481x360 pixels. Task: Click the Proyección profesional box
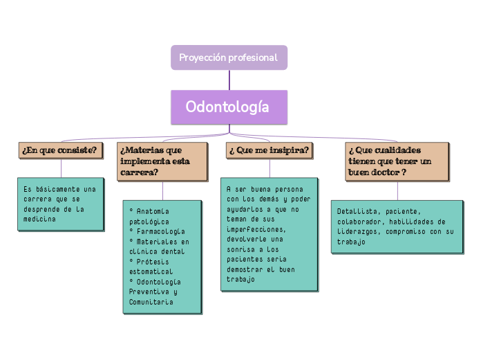[x=229, y=57]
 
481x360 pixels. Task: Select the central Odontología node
[x=229, y=107]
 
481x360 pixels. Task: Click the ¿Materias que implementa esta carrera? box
[x=162, y=161]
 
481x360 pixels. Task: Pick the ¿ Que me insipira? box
[x=269, y=150]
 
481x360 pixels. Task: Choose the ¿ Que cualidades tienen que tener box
[x=397, y=161]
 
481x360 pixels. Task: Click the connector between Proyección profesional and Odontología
[x=229, y=80]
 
